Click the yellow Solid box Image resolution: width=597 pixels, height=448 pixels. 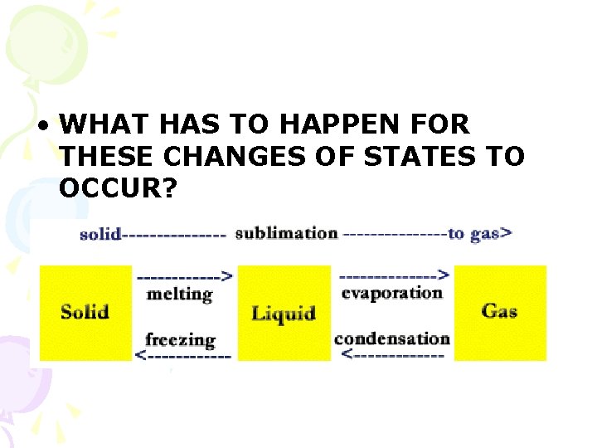coord(85,313)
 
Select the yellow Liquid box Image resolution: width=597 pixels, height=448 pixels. coord(284,313)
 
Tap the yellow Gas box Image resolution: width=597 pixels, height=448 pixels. coord(500,312)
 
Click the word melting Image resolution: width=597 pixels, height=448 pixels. coord(179,294)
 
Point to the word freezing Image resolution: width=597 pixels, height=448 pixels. coord(180,339)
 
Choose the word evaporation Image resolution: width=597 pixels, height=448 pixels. coord(391,292)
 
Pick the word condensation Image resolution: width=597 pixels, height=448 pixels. coord(391,338)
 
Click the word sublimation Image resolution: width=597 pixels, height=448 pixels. coord(286,233)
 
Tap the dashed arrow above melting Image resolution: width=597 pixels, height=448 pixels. coord(184,275)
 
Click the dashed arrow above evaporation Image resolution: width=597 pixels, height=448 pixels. coord(395,275)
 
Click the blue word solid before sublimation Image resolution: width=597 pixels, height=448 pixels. coord(100,234)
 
